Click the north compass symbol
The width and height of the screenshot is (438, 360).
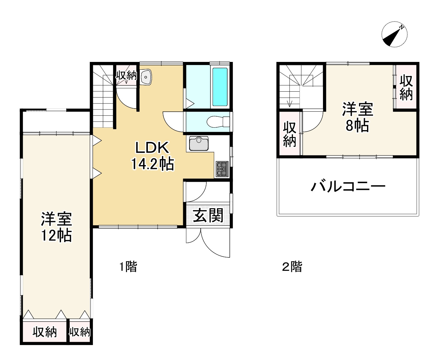(x=395, y=34)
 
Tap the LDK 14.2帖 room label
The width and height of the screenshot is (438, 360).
(x=152, y=155)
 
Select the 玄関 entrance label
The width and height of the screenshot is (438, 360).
(x=208, y=215)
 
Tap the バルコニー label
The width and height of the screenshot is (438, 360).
(x=348, y=187)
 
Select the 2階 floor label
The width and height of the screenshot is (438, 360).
(x=292, y=267)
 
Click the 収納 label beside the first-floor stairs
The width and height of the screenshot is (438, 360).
(x=126, y=75)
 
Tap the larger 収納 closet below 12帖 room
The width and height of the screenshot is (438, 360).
(x=45, y=332)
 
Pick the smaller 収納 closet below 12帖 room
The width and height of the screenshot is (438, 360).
(x=80, y=332)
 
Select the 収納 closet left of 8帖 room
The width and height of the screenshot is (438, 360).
(x=289, y=134)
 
